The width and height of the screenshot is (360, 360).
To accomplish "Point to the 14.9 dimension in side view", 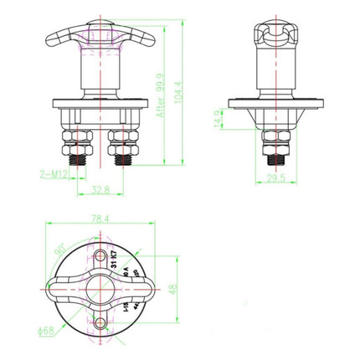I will point(242,121).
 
